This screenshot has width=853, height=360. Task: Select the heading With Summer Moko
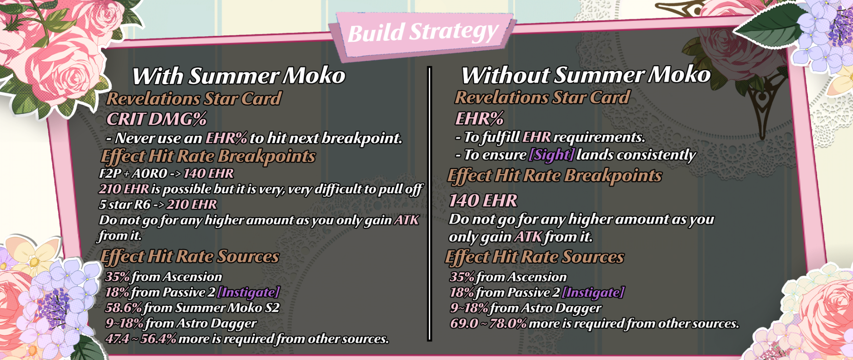(x=239, y=76)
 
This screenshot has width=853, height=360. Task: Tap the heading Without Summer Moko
(x=586, y=75)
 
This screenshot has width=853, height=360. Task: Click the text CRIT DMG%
(x=156, y=119)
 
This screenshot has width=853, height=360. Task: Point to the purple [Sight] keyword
(x=552, y=154)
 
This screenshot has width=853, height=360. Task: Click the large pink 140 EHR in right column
(x=483, y=200)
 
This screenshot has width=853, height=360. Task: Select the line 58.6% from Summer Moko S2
(x=192, y=308)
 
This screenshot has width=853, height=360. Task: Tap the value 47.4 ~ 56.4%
(x=141, y=339)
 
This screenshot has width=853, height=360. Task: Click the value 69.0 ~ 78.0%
(x=488, y=323)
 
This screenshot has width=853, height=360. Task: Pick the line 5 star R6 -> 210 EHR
(x=158, y=204)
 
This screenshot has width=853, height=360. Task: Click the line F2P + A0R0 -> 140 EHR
(x=166, y=173)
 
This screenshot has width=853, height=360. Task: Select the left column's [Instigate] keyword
(x=248, y=292)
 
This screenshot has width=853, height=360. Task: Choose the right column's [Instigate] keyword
(x=593, y=292)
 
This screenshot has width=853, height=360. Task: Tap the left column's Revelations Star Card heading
(x=194, y=99)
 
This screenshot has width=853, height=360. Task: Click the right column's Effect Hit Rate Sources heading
(x=535, y=257)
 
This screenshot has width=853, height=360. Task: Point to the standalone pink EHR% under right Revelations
(x=479, y=119)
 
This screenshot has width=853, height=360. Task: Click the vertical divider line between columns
(x=430, y=204)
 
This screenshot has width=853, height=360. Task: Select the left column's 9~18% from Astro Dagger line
(x=181, y=323)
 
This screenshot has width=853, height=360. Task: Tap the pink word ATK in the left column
(x=407, y=220)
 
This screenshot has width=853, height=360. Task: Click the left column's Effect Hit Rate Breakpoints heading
(x=208, y=156)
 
